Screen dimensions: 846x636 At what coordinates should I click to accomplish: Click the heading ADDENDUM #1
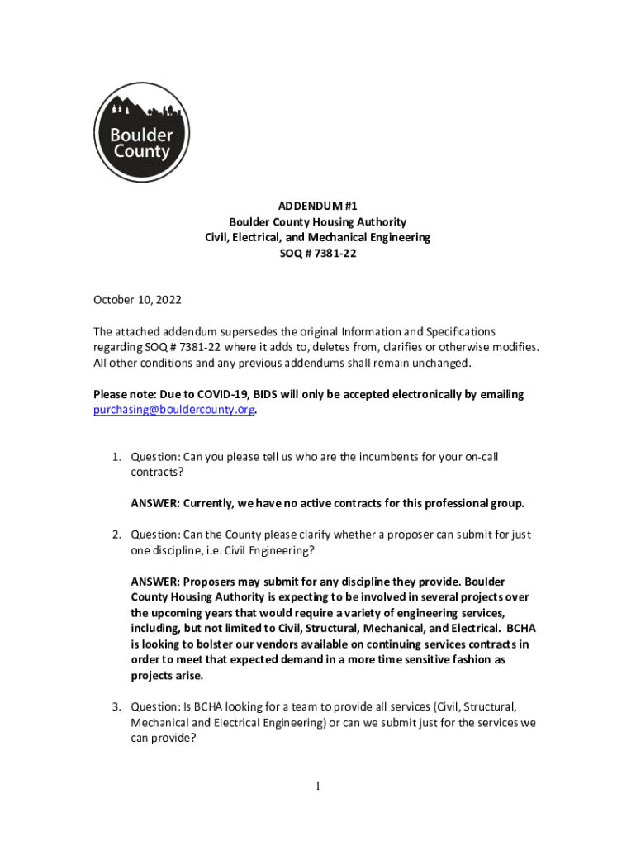(318, 205)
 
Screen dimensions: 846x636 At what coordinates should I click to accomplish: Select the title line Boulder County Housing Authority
(318, 221)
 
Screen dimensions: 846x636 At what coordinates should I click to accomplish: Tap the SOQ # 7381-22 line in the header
(318, 254)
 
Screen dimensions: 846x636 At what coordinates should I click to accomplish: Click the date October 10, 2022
(137, 299)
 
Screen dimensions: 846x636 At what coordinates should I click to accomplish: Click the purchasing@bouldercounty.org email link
(173, 410)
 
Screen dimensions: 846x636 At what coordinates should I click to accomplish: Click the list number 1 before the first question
(117, 457)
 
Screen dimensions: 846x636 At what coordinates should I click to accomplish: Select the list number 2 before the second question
(117, 535)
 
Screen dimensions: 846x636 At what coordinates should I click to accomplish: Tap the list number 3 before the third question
(117, 706)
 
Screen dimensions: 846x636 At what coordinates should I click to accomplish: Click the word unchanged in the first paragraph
(439, 363)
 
